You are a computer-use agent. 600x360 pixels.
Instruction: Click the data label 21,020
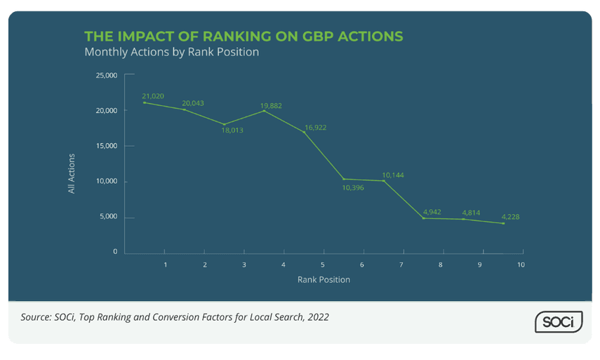click(153, 95)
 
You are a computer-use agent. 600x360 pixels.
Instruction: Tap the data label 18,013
click(232, 131)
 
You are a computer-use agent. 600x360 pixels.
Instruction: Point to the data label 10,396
click(353, 187)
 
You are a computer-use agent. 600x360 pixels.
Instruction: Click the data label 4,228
click(510, 216)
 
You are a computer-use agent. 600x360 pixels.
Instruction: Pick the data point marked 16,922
click(304, 132)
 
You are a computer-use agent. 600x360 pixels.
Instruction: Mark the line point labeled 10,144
click(383, 181)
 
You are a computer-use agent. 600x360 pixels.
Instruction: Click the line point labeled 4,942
click(423, 218)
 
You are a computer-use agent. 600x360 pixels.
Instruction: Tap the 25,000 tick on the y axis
click(106, 75)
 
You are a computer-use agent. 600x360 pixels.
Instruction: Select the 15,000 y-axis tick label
click(106, 146)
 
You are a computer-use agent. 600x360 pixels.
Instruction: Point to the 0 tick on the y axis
click(115, 252)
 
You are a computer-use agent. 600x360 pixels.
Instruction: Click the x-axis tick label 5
click(323, 265)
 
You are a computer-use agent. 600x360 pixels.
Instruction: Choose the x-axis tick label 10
click(521, 265)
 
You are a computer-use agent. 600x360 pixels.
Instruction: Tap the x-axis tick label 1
click(165, 265)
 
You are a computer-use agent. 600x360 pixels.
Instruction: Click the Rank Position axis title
click(323, 279)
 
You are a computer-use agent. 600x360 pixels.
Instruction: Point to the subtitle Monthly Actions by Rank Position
click(171, 52)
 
